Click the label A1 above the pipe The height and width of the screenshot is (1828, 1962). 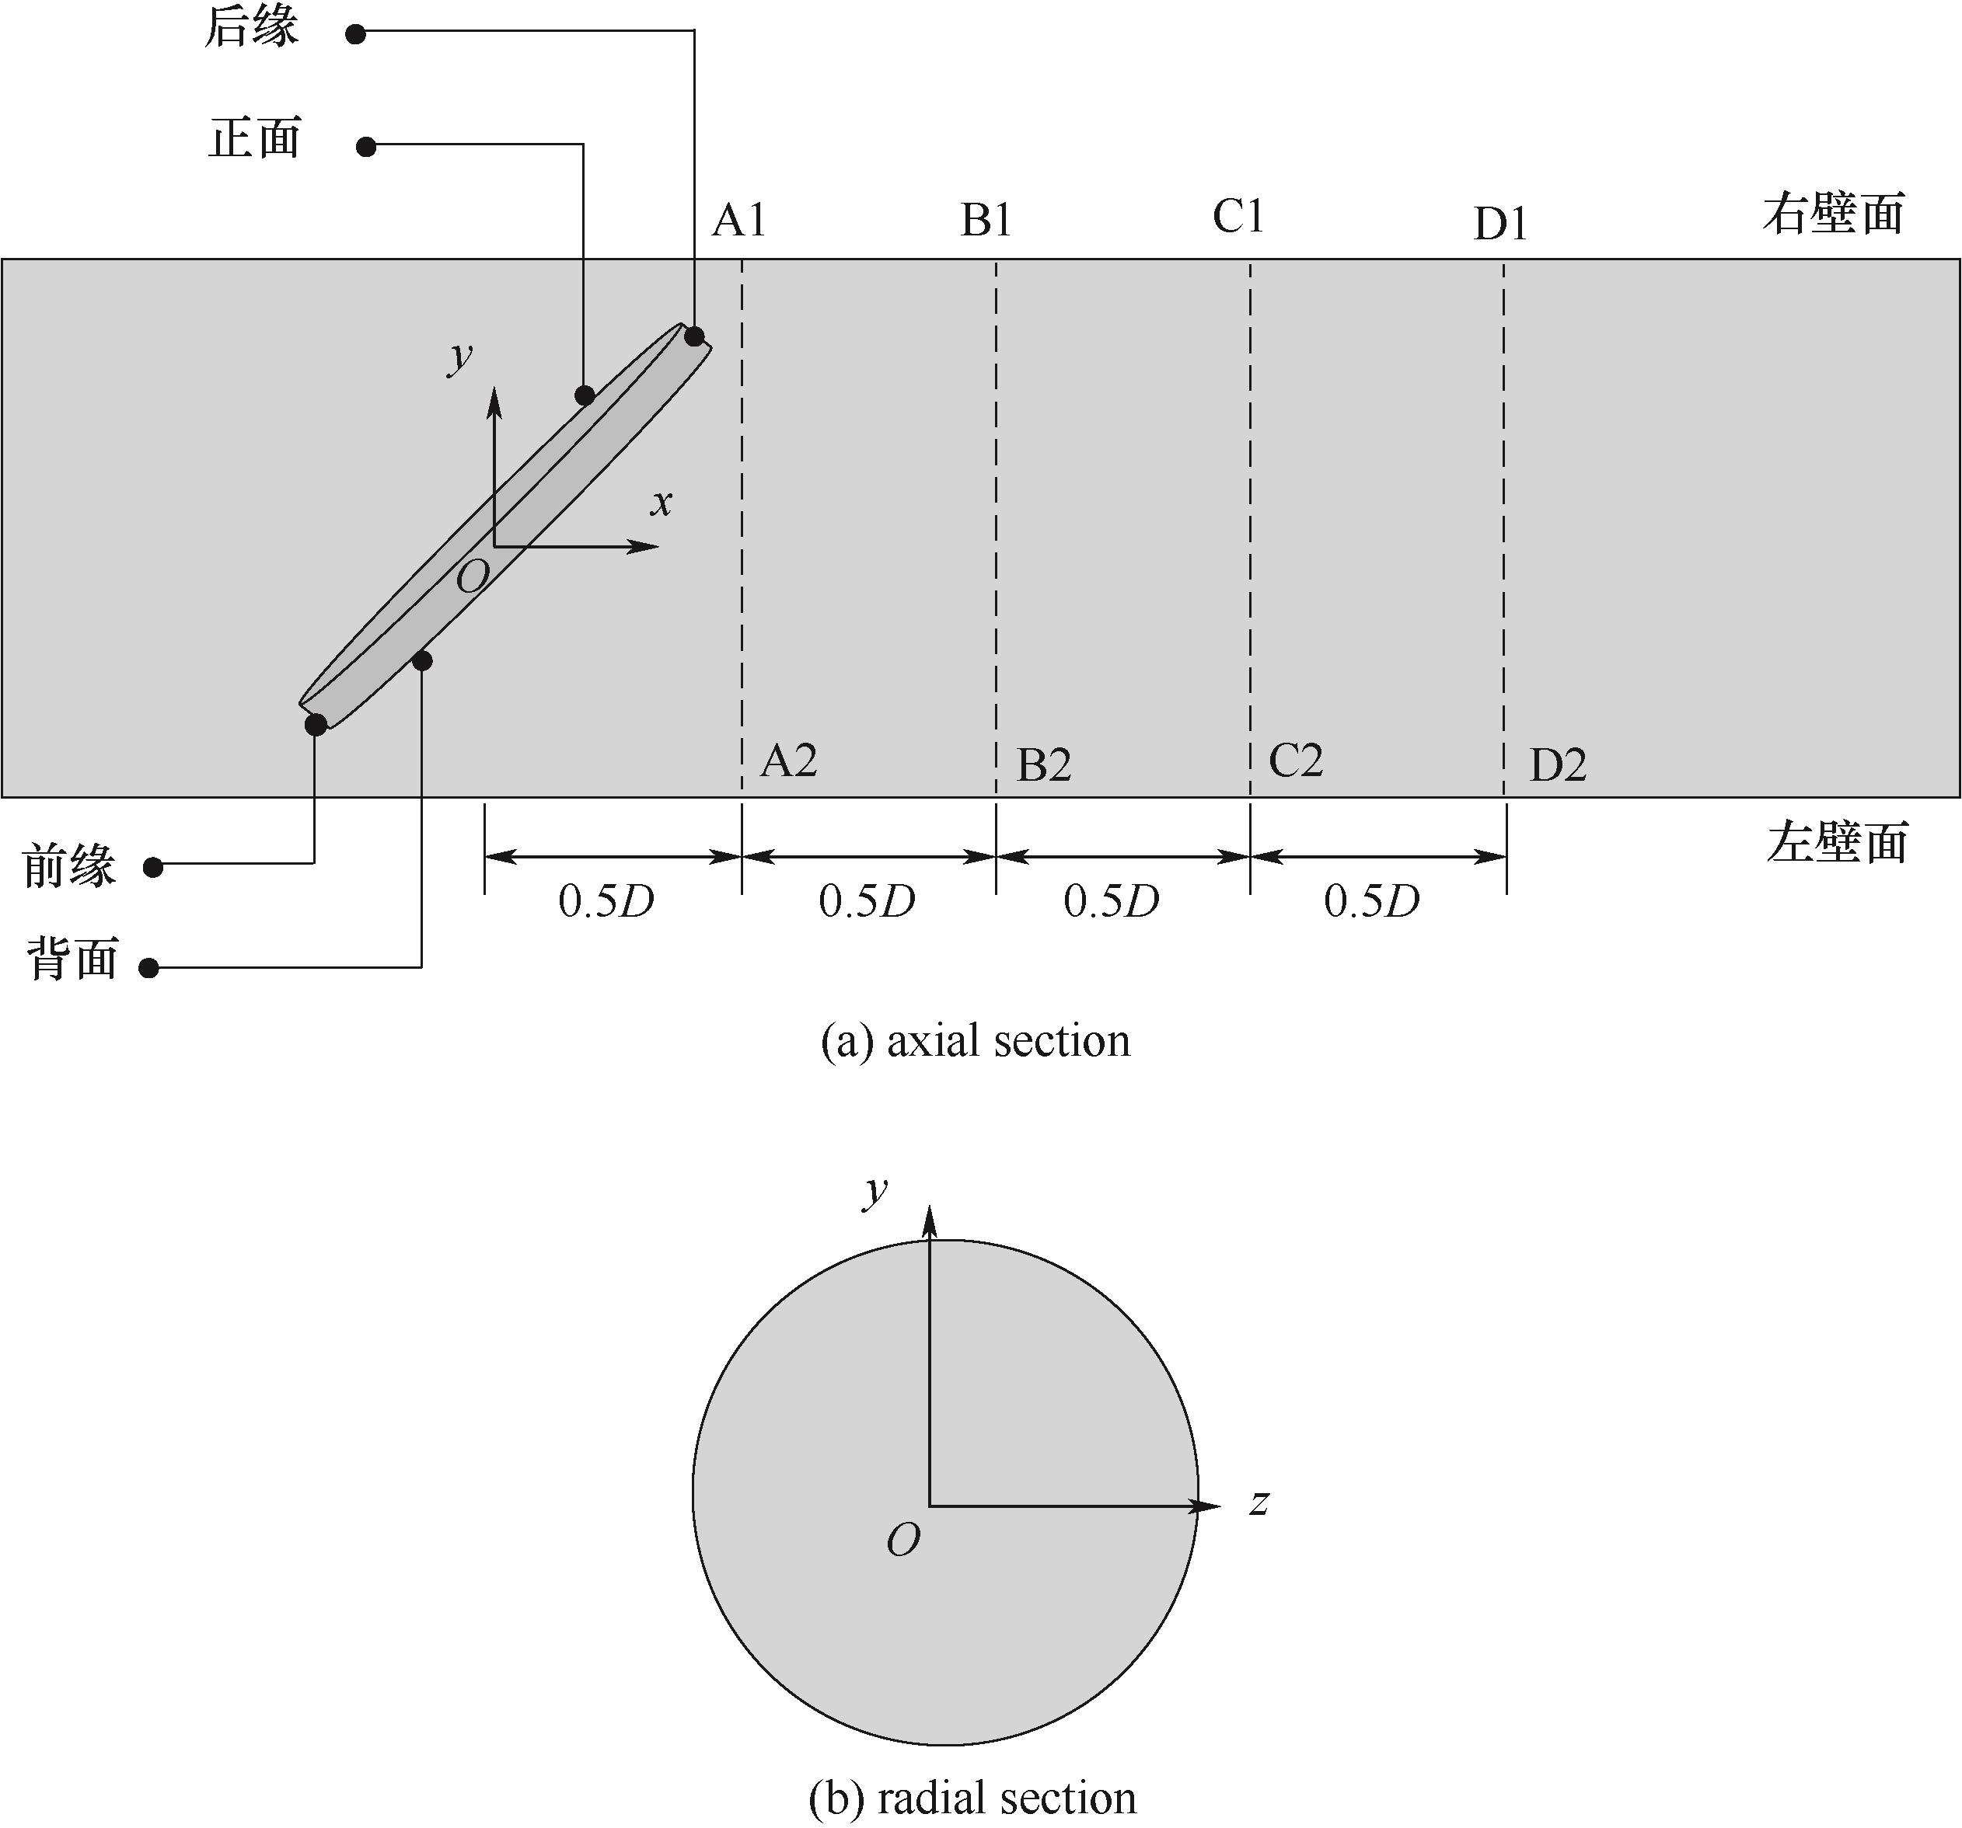[739, 220]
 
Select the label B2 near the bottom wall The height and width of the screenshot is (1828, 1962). [1043, 765]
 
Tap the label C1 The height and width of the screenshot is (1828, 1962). [1238, 216]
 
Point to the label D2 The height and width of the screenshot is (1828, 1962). [1557, 765]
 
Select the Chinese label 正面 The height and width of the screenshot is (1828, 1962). [255, 138]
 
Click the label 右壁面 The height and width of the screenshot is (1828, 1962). [1833, 214]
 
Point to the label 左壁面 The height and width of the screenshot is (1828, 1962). [1837, 844]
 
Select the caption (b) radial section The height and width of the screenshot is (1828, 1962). [972, 1798]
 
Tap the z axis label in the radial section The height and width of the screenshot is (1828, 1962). [1259, 1503]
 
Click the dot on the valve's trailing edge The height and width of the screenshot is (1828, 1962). [695, 336]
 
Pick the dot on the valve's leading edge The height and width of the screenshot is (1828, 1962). [316, 725]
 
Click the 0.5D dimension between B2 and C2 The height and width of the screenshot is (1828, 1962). [1112, 900]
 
